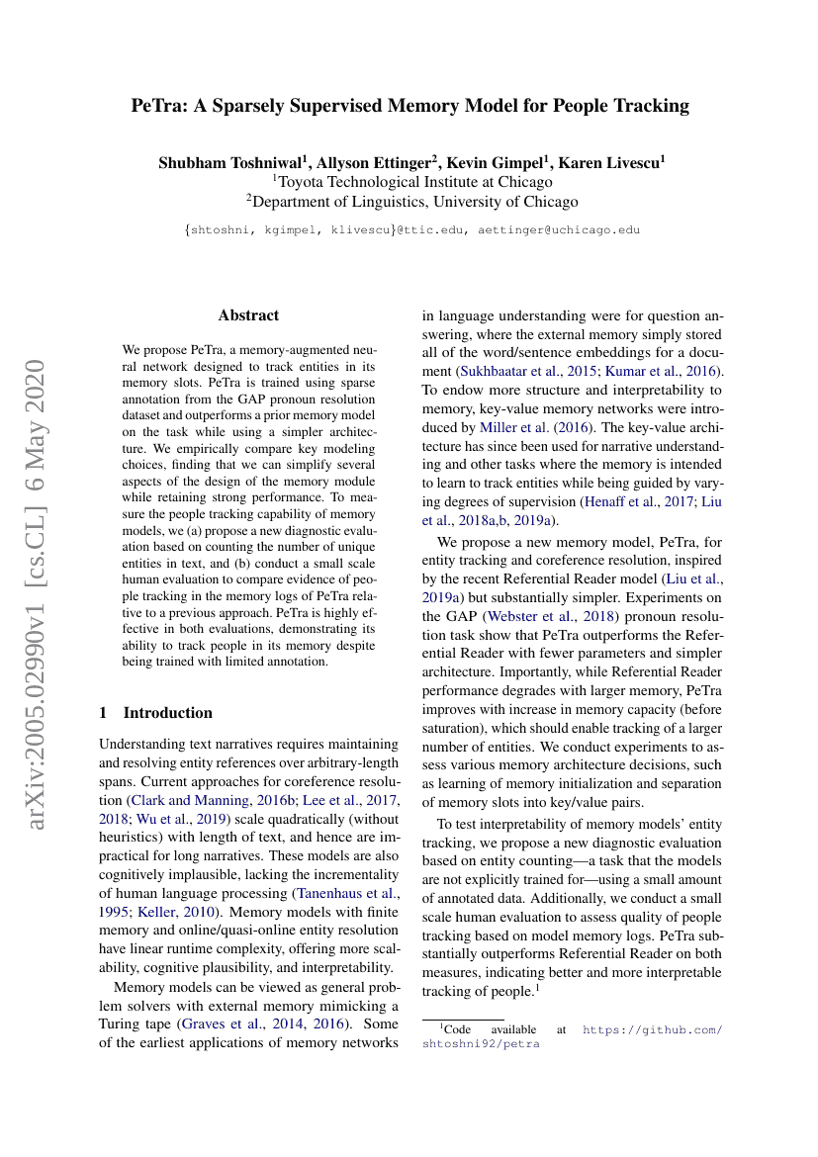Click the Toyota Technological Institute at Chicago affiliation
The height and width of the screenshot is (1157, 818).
[x=412, y=182]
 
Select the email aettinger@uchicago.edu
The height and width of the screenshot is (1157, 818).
[x=558, y=229]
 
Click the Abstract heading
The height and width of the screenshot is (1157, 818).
[x=248, y=315]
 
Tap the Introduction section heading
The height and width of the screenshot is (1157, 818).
[x=167, y=713]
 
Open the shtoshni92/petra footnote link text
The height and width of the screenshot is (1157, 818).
[x=481, y=1044]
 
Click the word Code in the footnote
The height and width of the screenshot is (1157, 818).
[x=458, y=1029]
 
